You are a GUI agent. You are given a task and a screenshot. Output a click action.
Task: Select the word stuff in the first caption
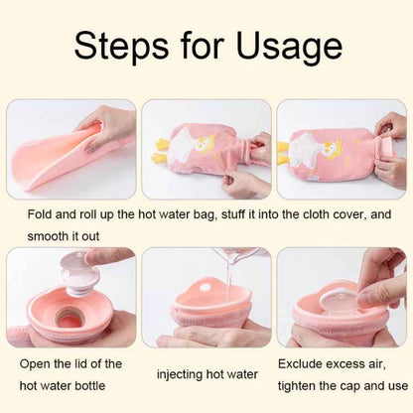pyautogui.click(x=221, y=211)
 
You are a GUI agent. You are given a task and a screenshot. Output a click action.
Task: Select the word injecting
pyautogui.click(x=185, y=373)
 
